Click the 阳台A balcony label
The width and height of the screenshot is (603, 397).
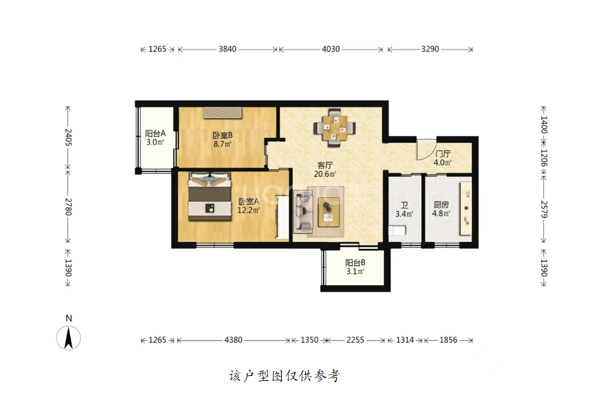coord(155,134)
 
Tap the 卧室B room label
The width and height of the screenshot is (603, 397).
coord(222,135)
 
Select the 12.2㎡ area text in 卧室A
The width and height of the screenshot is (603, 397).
coord(248,210)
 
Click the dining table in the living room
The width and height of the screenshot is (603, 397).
coord(335,128)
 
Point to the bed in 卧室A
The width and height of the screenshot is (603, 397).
coord(209,197)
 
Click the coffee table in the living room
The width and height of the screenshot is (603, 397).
coord(329,212)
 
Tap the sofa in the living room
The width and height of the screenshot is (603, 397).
coord(303,211)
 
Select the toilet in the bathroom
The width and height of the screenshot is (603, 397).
coord(397,230)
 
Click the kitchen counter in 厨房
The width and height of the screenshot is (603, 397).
coord(466,208)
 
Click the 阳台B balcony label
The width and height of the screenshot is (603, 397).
coord(355,263)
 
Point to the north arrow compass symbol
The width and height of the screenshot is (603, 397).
coord(69,338)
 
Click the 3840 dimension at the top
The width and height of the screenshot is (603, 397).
coord(227,49)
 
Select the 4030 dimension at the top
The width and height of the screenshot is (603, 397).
coord(331,49)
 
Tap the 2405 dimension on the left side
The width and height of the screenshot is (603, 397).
coord(68,137)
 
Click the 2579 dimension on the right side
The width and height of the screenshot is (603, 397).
coord(544,209)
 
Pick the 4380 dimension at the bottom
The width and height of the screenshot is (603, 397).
coord(234,340)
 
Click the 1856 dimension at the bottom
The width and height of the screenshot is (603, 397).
coord(449,340)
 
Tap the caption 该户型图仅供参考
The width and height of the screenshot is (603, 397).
coord(285,376)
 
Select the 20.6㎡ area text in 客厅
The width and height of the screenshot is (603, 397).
coord(325,174)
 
